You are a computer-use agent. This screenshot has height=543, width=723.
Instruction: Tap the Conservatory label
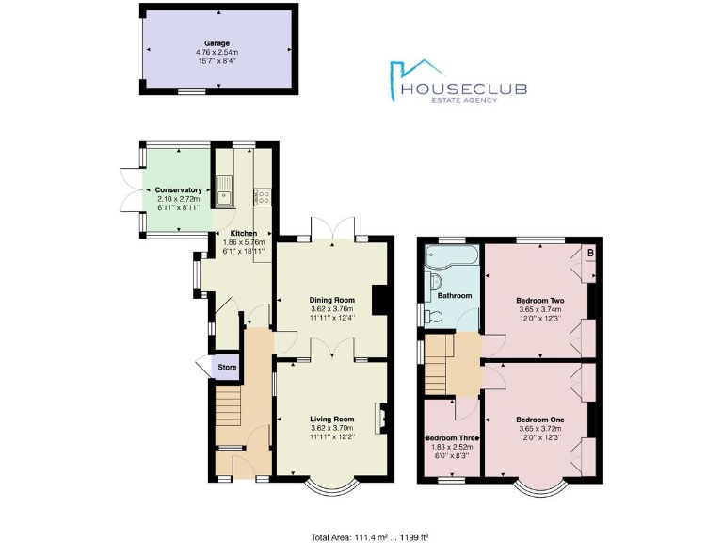(178, 190)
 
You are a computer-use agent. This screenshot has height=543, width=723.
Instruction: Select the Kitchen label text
(244, 233)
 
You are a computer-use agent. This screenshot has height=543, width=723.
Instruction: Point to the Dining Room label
(331, 300)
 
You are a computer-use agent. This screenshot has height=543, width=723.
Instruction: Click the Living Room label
(331, 419)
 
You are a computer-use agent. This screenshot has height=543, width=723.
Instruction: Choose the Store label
(227, 368)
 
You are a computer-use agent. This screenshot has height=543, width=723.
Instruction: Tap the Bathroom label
(455, 296)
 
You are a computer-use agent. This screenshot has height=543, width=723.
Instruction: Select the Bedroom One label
(539, 419)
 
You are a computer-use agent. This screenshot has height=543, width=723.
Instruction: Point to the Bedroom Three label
(453, 439)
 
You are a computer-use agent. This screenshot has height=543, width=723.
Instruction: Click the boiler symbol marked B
(590, 254)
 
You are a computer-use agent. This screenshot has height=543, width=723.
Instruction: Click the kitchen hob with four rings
(264, 197)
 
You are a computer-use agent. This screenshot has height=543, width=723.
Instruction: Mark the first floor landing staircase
(435, 368)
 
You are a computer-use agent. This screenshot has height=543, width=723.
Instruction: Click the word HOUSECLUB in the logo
(463, 90)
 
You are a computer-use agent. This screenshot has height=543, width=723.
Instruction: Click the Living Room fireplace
(379, 418)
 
